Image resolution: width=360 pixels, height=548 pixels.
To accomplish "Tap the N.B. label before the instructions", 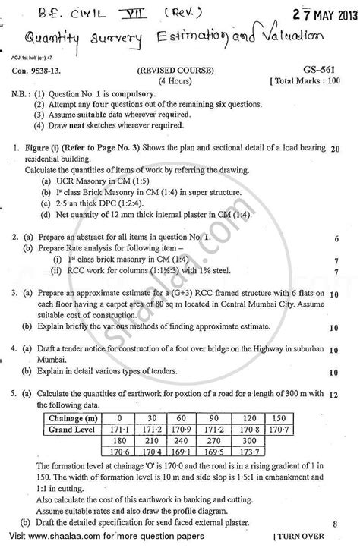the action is click(24, 93).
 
